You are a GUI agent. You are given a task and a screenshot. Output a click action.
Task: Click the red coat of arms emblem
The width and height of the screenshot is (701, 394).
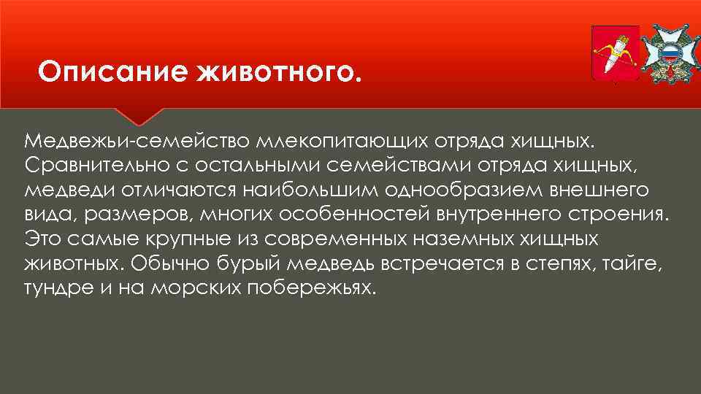click(x=614, y=53)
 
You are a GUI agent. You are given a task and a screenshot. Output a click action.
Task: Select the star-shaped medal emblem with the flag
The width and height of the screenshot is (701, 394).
click(x=670, y=53)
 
